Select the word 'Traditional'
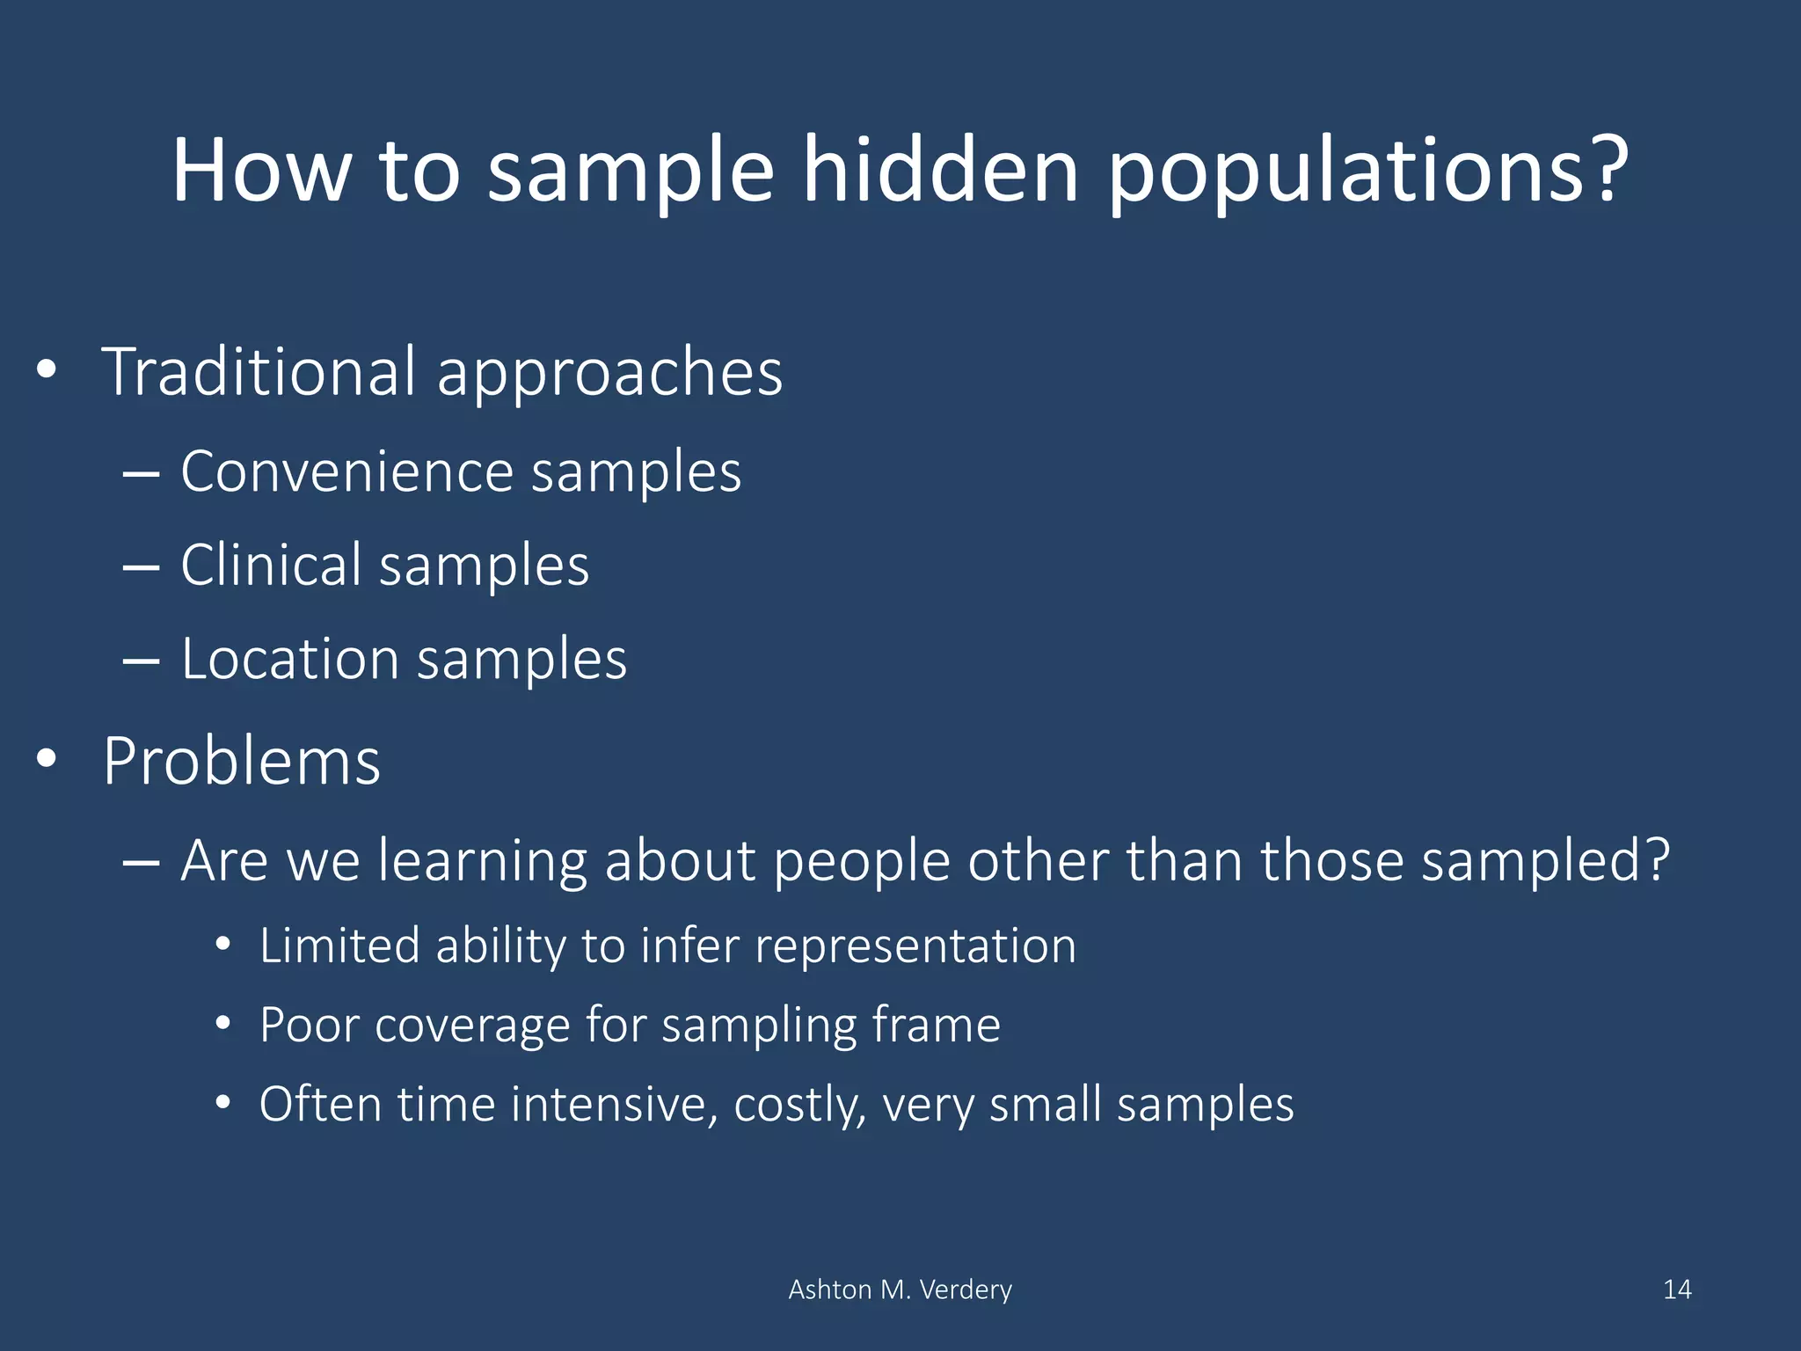point(259,372)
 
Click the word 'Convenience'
point(346,472)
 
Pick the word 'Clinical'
point(271,565)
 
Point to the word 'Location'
point(290,659)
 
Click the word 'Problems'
point(242,761)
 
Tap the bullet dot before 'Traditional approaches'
point(47,370)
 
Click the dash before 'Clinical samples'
point(141,567)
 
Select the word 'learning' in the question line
point(483,860)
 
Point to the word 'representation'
point(915,946)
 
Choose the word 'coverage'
point(472,1026)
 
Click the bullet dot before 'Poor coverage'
point(223,1024)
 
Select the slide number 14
point(1677,1289)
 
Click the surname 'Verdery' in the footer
point(966,1289)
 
